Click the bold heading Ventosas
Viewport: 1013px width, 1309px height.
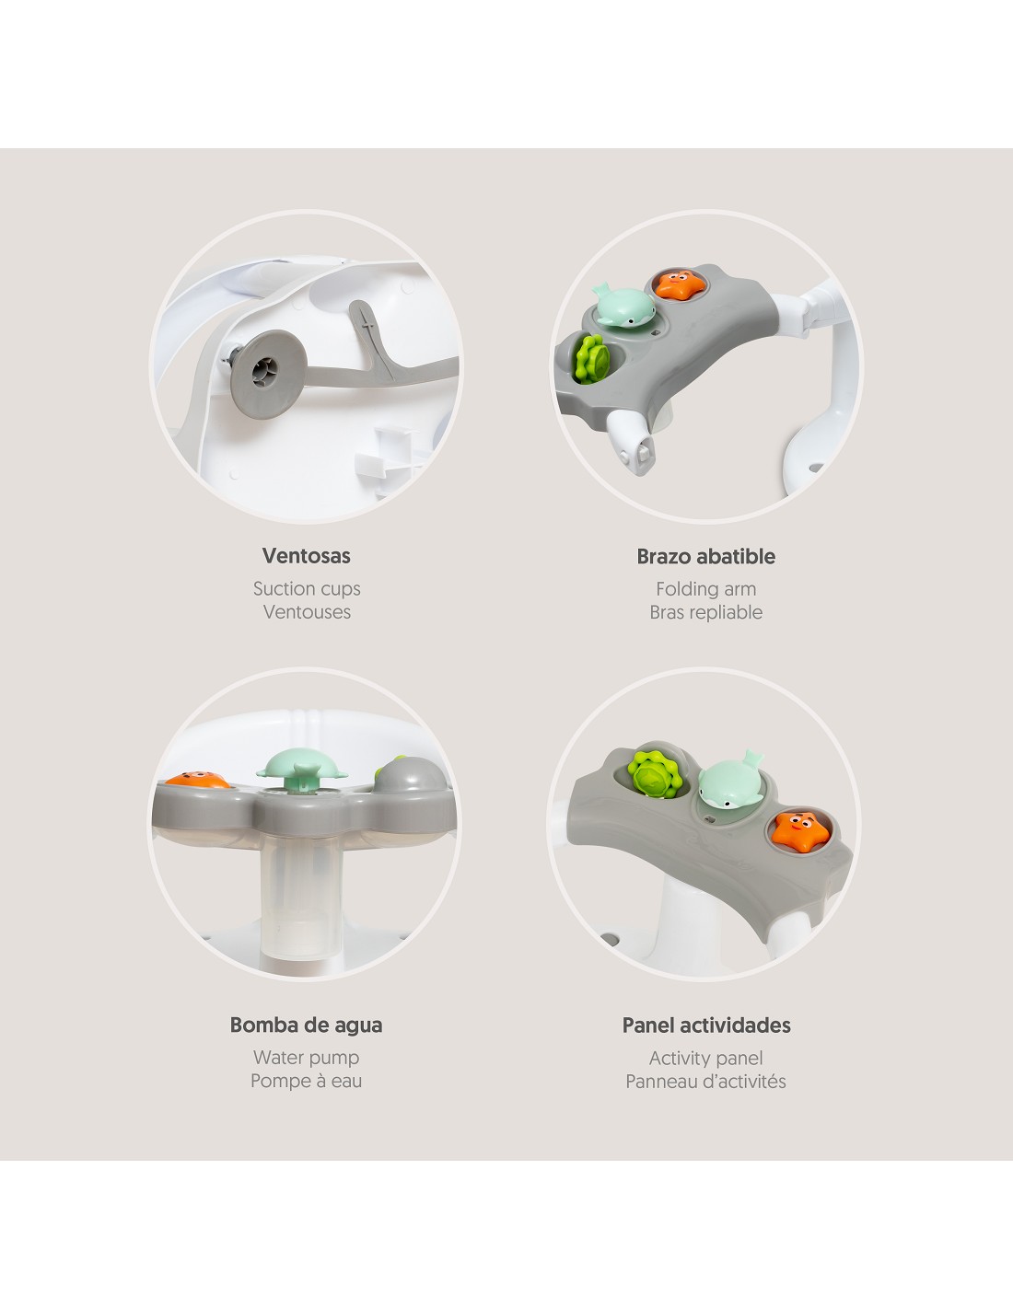[x=306, y=555]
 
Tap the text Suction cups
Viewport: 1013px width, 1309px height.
[x=307, y=589]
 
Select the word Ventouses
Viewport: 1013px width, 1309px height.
[x=307, y=612]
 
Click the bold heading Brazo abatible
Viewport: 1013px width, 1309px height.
[x=705, y=556]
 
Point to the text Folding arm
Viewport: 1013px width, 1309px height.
[x=705, y=589]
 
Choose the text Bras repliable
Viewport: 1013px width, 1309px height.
[x=705, y=613]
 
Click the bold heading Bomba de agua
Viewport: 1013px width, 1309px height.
[x=306, y=1025]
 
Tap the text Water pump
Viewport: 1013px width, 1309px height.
[x=306, y=1058]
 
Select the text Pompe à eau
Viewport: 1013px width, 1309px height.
[x=306, y=1082]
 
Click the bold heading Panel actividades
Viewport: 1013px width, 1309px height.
[x=706, y=1025]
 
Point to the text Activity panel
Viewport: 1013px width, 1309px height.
[x=705, y=1059]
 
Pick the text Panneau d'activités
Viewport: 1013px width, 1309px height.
[x=705, y=1082]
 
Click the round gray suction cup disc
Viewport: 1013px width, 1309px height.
[x=268, y=374]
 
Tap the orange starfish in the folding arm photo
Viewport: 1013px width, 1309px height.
[x=680, y=284]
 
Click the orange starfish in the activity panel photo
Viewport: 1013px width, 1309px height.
[x=799, y=830]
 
